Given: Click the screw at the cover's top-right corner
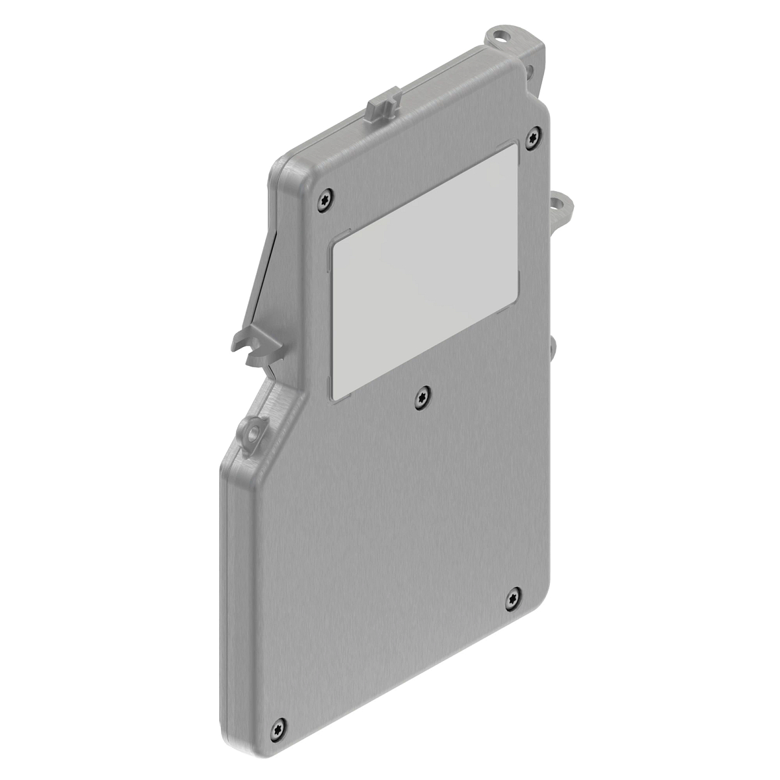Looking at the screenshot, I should click(533, 135).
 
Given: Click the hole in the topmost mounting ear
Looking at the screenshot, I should click(501, 34).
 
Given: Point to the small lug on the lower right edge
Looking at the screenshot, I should click(554, 348).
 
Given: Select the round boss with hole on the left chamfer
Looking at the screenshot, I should click(252, 430).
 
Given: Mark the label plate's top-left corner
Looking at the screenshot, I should click(333, 246).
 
